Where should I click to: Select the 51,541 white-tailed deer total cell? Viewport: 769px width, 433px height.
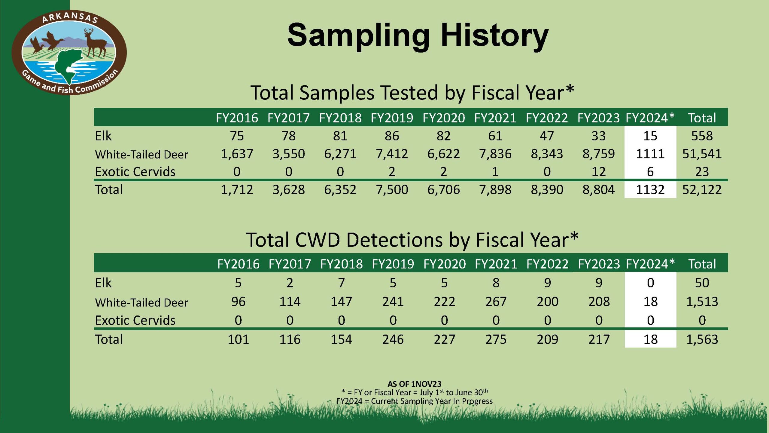[x=702, y=154]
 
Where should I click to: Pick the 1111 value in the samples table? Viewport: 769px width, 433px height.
[x=650, y=154]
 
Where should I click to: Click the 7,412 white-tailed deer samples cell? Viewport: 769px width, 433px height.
[x=392, y=154]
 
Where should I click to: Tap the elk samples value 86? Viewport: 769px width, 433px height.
[x=392, y=136]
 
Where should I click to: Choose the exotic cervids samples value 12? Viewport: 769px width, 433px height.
[x=598, y=172]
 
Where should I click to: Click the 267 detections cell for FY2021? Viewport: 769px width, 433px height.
[x=496, y=301]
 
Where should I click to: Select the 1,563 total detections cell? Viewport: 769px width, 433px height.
[x=702, y=339]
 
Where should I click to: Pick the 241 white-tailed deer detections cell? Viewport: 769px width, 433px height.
[x=393, y=301]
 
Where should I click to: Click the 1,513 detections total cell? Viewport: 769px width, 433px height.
[x=702, y=301]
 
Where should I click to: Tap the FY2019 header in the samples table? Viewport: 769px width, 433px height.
[x=392, y=118]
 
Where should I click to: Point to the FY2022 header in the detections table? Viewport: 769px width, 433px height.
[x=547, y=264]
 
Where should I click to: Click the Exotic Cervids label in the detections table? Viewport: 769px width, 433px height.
[x=135, y=320]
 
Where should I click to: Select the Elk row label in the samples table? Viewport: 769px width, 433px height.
[x=103, y=136]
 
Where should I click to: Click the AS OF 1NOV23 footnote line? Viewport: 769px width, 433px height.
[x=414, y=384]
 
